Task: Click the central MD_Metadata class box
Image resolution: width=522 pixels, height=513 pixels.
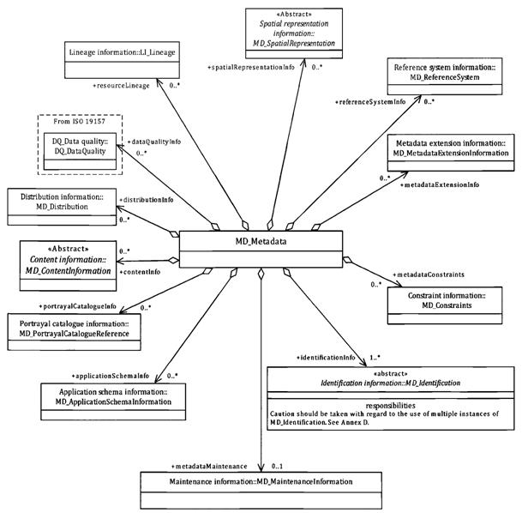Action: (x=261, y=242)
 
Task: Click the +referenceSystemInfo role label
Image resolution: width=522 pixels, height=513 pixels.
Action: (x=370, y=102)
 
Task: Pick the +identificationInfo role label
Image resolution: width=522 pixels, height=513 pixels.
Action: (x=326, y=356)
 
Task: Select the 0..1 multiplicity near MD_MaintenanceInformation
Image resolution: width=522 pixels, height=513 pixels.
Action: (x=277, y=465)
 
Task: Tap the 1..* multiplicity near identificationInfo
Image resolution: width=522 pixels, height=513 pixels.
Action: (x=375, y=356)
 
